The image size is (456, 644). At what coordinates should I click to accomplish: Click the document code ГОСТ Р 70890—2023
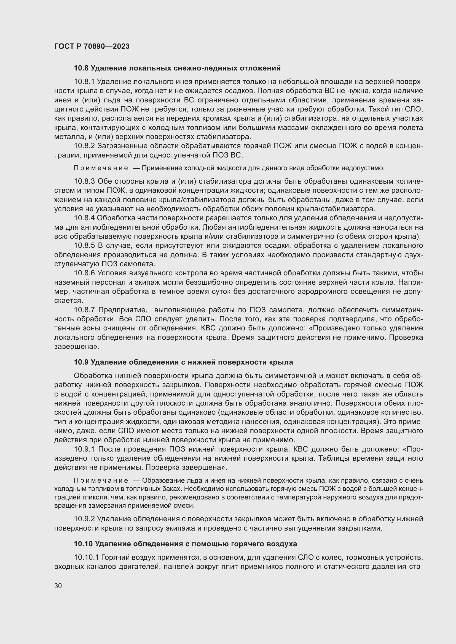92,46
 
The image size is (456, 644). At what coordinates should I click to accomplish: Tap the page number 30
58,586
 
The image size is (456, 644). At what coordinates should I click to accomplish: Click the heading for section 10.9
183,362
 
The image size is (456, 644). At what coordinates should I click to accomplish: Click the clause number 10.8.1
84,81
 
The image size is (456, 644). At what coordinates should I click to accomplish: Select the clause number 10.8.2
84,146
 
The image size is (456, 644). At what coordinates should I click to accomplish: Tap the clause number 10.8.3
84,181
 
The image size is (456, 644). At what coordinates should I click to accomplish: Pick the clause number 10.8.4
84,218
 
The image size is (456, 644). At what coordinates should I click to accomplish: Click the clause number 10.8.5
84,245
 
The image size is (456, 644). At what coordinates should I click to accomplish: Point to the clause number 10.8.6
84,273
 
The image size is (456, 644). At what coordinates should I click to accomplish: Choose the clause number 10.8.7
84,310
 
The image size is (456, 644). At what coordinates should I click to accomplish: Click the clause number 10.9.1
84,449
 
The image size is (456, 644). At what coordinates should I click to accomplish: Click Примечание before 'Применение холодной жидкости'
101,168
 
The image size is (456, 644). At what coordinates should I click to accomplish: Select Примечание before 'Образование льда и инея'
101,480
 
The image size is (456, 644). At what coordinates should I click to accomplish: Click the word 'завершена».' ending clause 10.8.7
77,347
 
